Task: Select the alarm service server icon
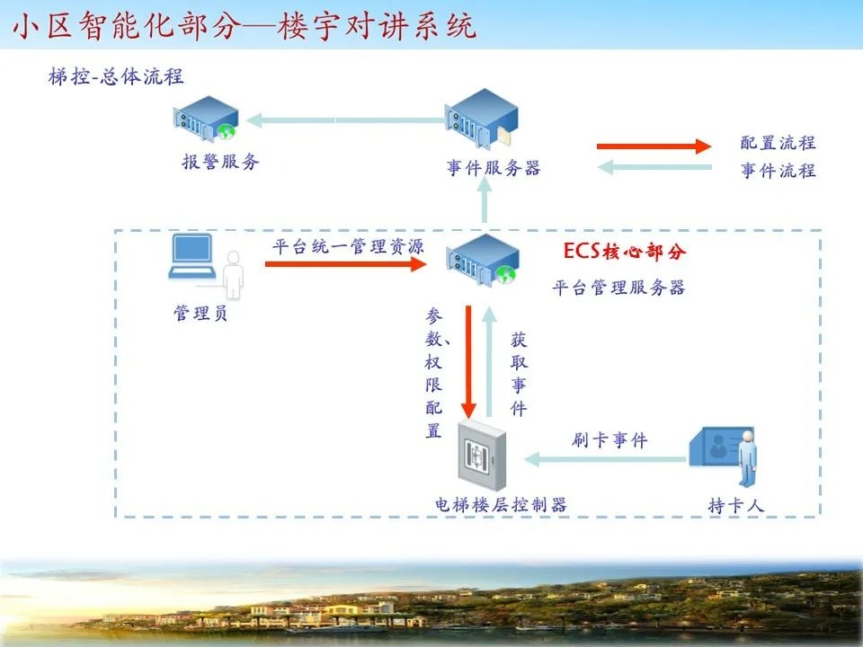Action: pos(207,119)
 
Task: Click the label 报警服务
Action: pos(220,162)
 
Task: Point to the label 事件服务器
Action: pos(494,168)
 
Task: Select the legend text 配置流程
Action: pos(778,143)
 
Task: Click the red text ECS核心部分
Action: pos(624,252)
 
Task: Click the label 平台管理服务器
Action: pos(618,288)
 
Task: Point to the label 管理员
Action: pos(200,314)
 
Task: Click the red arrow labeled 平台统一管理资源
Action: pos(345,264)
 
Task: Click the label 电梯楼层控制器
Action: pos(501,505)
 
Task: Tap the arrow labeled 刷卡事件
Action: pos(607,459)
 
